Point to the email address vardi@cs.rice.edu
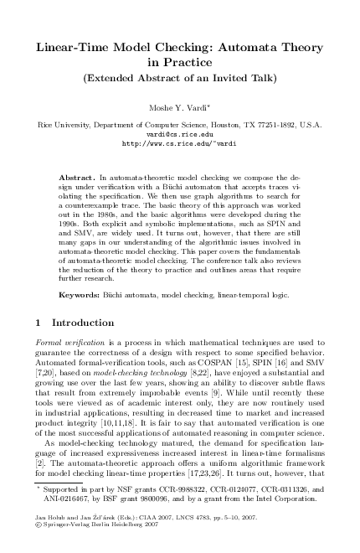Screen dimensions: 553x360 point(180,134)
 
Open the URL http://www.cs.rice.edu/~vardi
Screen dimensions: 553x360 point(180,143)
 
